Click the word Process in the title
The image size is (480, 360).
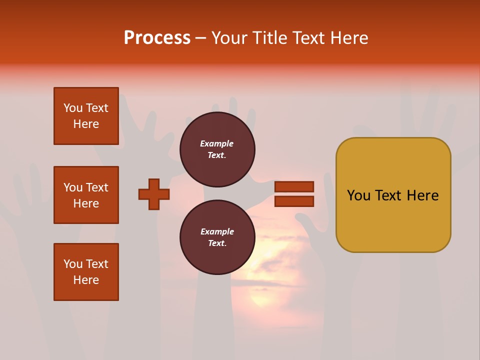(x=157, y=38)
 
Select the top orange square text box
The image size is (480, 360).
(x=86, y=116)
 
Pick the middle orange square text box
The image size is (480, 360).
(x=86, y=195)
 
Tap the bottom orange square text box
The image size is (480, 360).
(x=86, y=272)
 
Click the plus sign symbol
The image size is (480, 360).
(x=154, y=194)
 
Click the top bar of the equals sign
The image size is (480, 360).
(x=294, y=186)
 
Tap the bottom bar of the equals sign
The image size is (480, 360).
(x=294, y=201)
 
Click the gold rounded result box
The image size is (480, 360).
(x=393, y=220)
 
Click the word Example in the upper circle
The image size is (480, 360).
(x=217, y=144)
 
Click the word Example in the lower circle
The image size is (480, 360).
(x=217, y=232)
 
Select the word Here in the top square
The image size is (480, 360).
(x=86, y=124)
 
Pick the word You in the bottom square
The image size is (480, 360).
(x=73, y=264)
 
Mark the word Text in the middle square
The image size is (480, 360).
(x=97, y=187)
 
